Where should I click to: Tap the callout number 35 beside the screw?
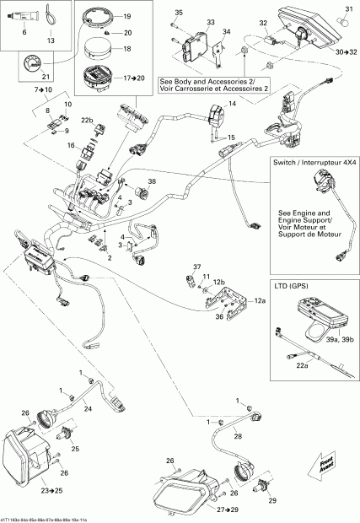(x=178, y=11)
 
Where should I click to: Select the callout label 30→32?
(x=345, y=51)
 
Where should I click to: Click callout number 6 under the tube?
(x=24, y=40)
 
